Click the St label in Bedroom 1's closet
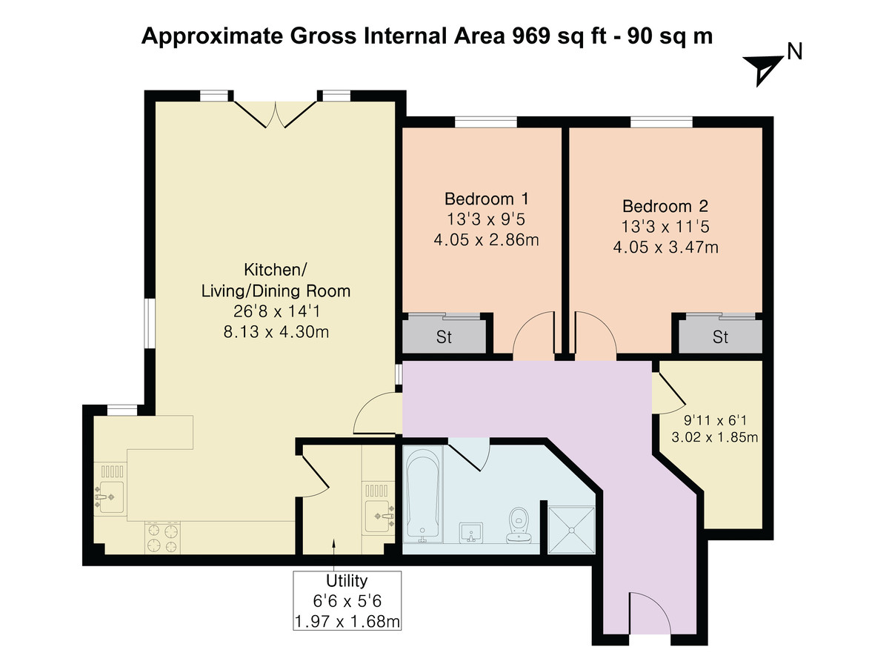coord(444,338)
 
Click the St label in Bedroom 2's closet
coord(720,338)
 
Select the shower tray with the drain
coord(571,529)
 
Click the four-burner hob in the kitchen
coord(163,537)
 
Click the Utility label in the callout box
coord(347,581)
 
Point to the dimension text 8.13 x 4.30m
coord(276,332)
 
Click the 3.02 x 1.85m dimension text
coord(714,437)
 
